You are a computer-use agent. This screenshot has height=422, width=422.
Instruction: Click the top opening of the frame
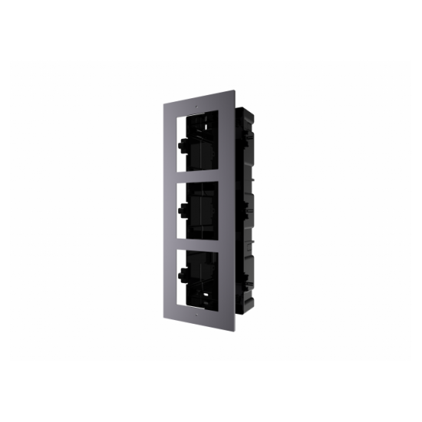[202, 145]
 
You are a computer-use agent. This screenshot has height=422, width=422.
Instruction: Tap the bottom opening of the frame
[201, 282]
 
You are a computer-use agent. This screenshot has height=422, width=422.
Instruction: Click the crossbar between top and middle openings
[201, 180]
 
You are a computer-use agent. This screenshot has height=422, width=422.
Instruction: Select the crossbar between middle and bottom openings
[201, 247]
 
